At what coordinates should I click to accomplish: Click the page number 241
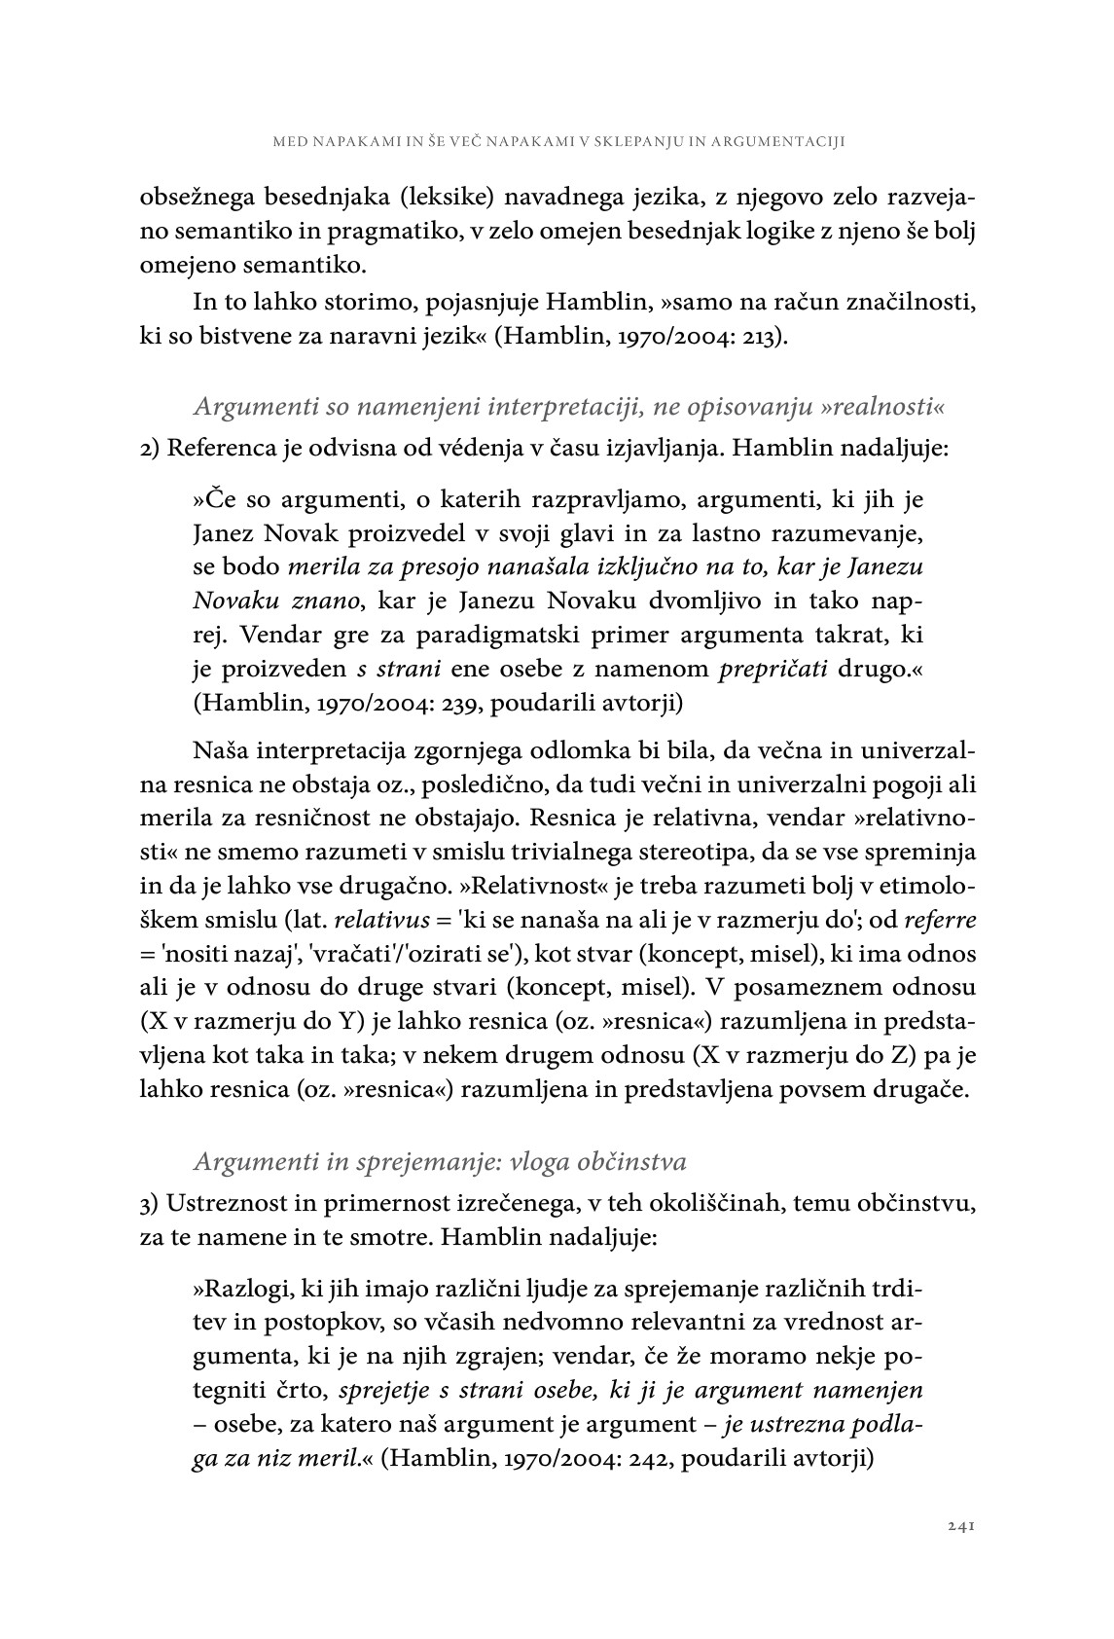(960, 1526)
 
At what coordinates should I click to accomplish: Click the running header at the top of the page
(557, 141)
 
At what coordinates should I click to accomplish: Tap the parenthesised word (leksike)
(449, 200)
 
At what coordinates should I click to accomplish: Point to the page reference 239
(438, 702)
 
